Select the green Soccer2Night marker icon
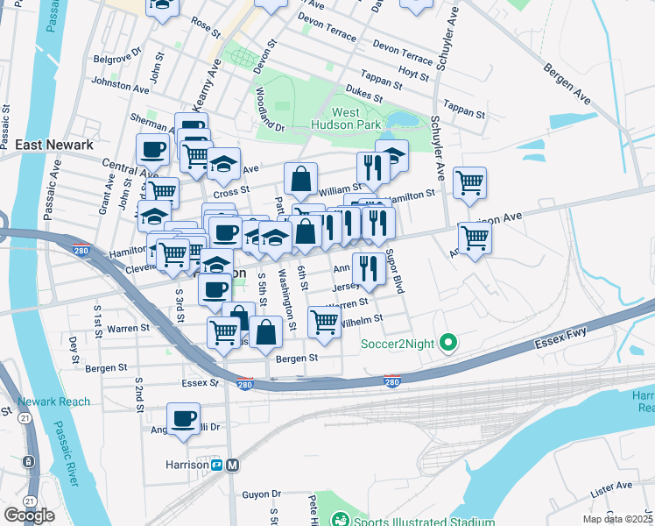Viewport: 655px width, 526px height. (448, 342)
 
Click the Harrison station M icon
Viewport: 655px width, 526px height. (233, 465)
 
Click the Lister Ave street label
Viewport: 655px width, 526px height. (611, 485)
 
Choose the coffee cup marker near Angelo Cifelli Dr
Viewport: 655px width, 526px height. (183, 419)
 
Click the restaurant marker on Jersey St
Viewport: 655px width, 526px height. (369, 268)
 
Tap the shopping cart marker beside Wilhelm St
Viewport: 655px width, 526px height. (324, 322)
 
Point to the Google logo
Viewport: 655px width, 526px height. (30, 515)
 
